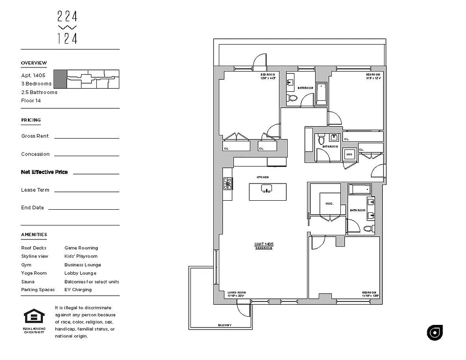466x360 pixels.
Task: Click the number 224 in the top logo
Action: click(x=68, y=17)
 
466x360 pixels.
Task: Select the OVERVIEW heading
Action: click(x=34, y=63)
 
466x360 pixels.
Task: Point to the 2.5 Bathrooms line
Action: click(x=39, y=92)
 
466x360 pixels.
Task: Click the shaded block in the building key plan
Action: click(x=60, y=79)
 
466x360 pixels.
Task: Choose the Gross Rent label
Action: click(x=35, y=136)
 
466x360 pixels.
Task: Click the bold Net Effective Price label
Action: click(x=44, y=172)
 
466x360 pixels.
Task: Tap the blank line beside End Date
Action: click(x=83, y=209)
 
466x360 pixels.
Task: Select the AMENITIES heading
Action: click(x=34, y=234)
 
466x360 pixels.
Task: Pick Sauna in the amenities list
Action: click(x=27, y=282)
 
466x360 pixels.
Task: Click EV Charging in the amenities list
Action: click(x=78, y=290)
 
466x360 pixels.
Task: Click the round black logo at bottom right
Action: click(x=434, y=332)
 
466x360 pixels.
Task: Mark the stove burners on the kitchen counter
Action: click(x=228, y=184)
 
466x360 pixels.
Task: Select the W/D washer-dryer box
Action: click(x=349, y=155)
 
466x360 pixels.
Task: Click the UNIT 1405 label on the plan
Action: click(x=264, y=244)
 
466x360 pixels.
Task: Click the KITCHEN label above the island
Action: click(x=262, y=177)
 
